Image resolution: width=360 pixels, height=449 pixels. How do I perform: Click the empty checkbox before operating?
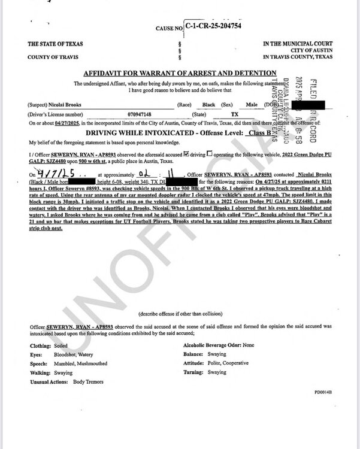(x=210, y=154)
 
